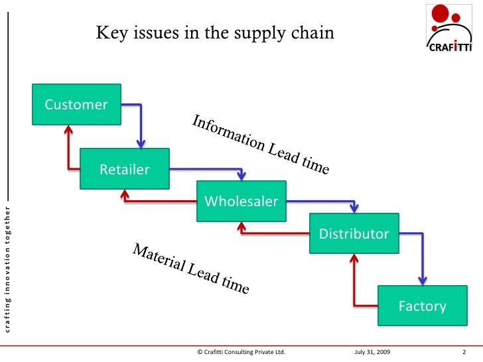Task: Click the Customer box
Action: click(76, 104)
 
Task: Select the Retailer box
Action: click(125, 169)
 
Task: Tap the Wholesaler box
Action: click(241, 201)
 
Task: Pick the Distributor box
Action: click(354, 233)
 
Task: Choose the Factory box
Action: click(422, 306)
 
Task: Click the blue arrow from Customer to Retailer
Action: click(140, 123)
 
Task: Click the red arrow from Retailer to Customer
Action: click(68, 149)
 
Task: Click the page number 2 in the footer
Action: click(464, 352)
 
